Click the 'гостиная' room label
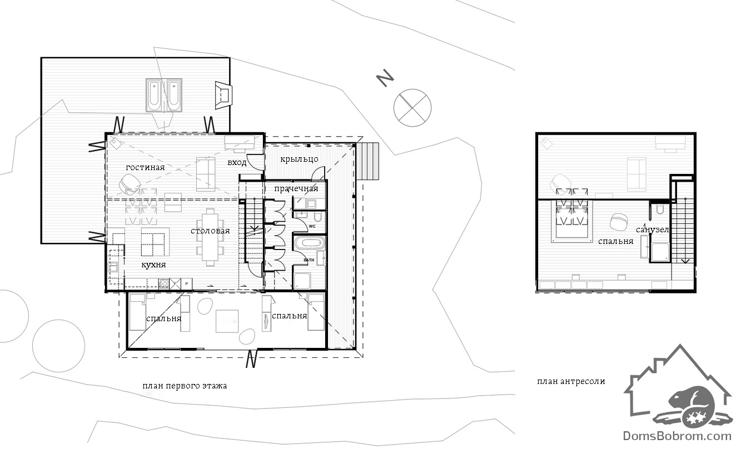click(145, 167)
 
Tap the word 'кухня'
click(153, 265)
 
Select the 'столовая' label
click(210, 231)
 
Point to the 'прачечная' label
click(296, 188)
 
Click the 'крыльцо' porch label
click(299, 159)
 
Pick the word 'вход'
click(237, 162)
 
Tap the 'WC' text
click(312, 226)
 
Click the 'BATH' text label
click(309, 260)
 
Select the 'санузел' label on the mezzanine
click(652, 230)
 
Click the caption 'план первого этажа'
click(185, 386)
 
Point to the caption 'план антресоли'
click(571, 381)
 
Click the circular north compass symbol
click(412, 108)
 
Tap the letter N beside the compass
click(385, 78)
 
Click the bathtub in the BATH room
click(309, 243)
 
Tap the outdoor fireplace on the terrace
click(223, 95)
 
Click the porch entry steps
click(367, 161)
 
